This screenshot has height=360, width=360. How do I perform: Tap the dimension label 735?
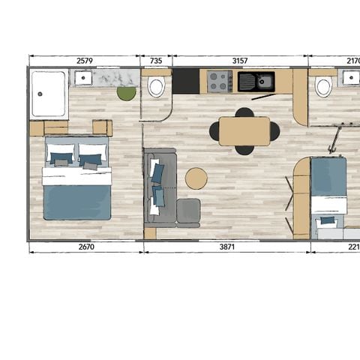pos(156,62)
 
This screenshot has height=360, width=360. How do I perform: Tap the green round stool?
pos(126,93)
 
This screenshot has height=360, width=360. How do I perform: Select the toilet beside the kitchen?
pos(156,88)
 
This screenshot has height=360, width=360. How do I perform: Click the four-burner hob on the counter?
pos(220,81)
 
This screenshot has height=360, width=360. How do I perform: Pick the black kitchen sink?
pos(256,81)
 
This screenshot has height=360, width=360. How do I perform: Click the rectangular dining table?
pos(244,131)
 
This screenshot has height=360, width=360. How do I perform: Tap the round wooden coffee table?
pos(196,178)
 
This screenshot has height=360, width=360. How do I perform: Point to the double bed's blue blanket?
pos(76,201)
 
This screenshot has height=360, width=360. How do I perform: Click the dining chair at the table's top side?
pos(244,113)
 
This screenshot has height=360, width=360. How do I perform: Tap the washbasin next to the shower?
pos(82,77)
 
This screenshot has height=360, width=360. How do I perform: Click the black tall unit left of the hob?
pos(186,81)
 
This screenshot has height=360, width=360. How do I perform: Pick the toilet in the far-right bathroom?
pos(323,88)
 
